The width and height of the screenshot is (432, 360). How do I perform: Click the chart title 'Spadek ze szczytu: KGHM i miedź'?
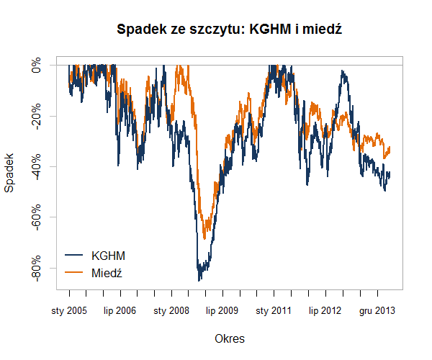pos(228,30)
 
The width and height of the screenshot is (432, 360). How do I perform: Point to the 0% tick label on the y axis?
pos(37,66)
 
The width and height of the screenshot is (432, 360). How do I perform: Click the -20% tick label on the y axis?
pos(37,116)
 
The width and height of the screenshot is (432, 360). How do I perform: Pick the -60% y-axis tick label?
pos(37,217)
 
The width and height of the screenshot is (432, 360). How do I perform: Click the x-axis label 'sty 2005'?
pos(69,311)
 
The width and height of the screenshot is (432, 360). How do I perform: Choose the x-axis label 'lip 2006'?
pos(120,311)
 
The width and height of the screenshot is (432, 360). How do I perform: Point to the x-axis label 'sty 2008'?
pos(171,311)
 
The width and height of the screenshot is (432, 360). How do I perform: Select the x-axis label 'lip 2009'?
pos(222,311)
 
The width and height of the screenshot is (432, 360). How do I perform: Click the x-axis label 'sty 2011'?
pos(274,311)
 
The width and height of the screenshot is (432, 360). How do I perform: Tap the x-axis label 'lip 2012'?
pos(325,311)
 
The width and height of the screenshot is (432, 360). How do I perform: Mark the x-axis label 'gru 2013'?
pos(377,311)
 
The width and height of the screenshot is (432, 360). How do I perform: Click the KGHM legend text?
pos(109,256)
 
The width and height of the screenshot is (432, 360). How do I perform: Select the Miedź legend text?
pos(107,272)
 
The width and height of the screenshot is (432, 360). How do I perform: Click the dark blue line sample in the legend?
pos(74,256)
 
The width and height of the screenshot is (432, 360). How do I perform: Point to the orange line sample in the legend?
pos(74,272)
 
